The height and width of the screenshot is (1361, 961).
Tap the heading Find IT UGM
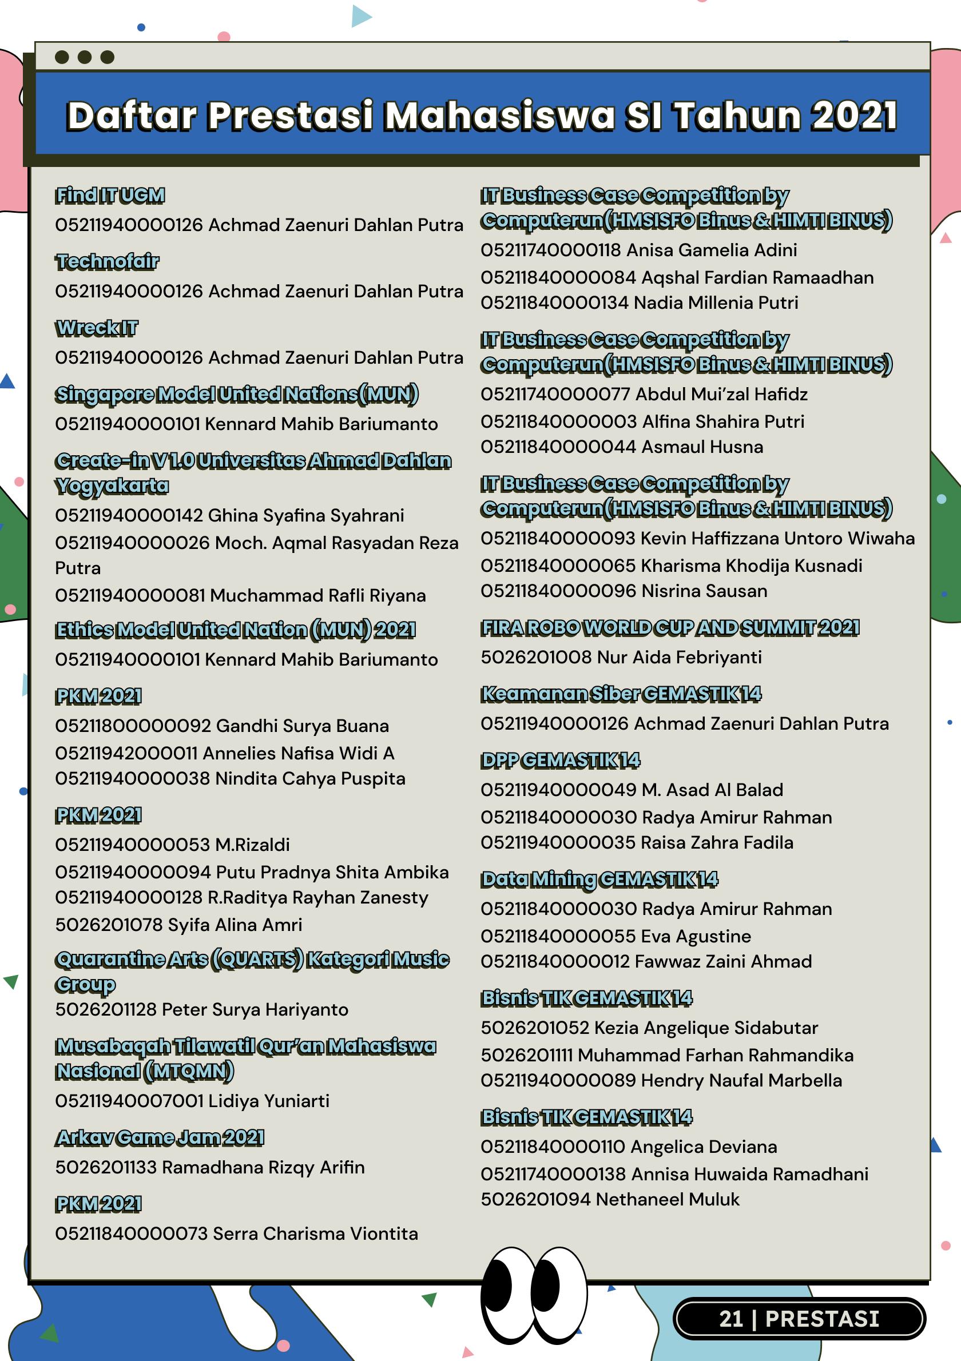point(110,196)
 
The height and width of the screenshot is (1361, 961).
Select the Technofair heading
point(108,261)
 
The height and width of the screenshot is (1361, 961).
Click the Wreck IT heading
point(97,328)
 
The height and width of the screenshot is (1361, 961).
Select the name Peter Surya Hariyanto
point(255,1009)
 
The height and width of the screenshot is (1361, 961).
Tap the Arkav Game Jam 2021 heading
point(160,1137)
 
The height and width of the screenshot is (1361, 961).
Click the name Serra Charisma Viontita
point(315,1233)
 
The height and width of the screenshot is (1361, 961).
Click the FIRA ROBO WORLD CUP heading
point(670,627)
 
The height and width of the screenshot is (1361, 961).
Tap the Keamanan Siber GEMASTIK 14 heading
point(621,694)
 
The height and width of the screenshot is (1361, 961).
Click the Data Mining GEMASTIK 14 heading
point(599,878)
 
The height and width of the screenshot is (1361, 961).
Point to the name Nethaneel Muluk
point(668,1199)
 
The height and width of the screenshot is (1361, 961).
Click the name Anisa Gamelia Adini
point(712,250)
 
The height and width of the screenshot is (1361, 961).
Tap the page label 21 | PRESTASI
point(799,1318)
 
